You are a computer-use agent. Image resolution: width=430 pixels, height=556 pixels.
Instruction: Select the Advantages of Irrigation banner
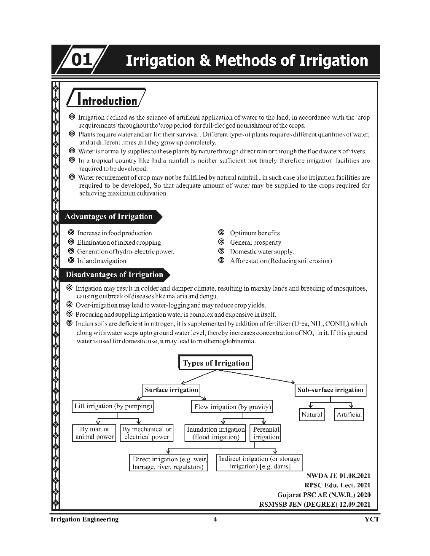pos(109,217)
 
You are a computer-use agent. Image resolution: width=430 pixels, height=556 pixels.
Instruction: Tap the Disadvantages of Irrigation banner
pos(114,275)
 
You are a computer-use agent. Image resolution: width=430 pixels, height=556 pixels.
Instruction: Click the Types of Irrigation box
pos(216,363)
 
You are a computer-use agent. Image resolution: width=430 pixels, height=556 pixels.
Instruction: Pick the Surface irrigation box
pos(171,390)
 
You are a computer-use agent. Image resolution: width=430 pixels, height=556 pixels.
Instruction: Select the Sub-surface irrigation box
pos(330,390)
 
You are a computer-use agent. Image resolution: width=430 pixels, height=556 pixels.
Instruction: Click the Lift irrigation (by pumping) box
pos(113,406)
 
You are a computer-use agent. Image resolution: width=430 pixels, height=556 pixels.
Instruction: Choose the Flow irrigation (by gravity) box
pos(232,407)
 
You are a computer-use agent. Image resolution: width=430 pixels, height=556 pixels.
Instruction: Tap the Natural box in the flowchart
pos(312,414)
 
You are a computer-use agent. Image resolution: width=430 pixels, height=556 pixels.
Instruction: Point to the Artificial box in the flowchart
pos(349,414)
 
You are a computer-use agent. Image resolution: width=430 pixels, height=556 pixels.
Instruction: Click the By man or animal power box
pos(94,433)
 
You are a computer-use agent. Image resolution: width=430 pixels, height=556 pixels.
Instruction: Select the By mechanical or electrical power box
pos(147,433)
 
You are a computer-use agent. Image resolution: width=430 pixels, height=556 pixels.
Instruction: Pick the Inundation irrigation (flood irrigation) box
pos(216,433)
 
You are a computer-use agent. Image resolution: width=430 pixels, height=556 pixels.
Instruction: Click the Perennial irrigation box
pos(266,433)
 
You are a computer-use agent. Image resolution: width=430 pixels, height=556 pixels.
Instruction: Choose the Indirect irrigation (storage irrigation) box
pos(259,462)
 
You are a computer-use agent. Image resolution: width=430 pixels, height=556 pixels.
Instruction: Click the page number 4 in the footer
pos(215,519)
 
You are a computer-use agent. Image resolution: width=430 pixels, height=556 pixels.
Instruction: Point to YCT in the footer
pos(372,519)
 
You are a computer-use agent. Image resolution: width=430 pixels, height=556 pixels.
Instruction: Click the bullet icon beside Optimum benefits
pos(221,233)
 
